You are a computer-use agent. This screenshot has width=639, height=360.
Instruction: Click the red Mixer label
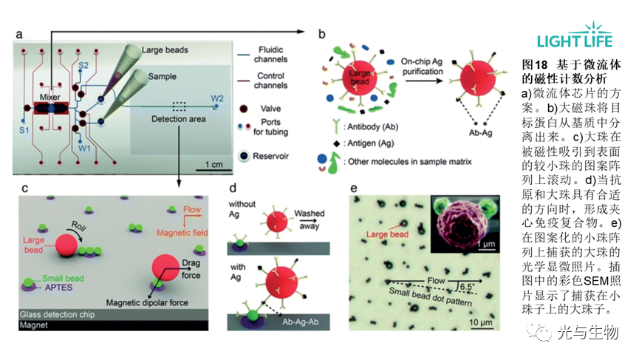pyautogui.click(x=51, y=95)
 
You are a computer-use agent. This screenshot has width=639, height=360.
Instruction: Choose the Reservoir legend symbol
pyautogui.click(x=244, y=157)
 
